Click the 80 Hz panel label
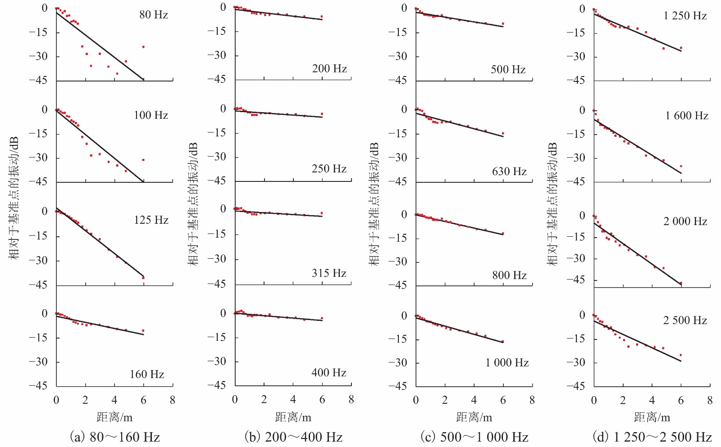click(x=153, y=15)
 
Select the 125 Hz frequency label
click(x=151, y=220)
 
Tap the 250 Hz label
click(x=329, y=169)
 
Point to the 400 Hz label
click(x=329, y=373)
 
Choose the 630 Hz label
click(x=509, y=172)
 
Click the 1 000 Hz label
click(x=507, y=363)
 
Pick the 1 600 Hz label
click(x=687, y=116)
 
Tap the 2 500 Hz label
click(x=685, y=321)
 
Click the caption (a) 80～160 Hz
click(x=115, y=437)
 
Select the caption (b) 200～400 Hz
click(x=293, y=437)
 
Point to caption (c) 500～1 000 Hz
click(x=474, y=437)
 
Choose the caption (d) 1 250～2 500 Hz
click(x=652, y=437)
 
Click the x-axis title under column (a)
click(x=114, y=417)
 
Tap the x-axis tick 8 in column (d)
click(x=710, y=400)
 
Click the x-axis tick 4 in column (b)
click(x=293, y=399)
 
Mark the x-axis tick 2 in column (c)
click(x=445, y=400)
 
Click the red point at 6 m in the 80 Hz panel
click(x=143, y=47)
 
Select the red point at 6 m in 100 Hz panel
click(x=143, y=160)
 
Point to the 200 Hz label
click(x=329, y=69)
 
